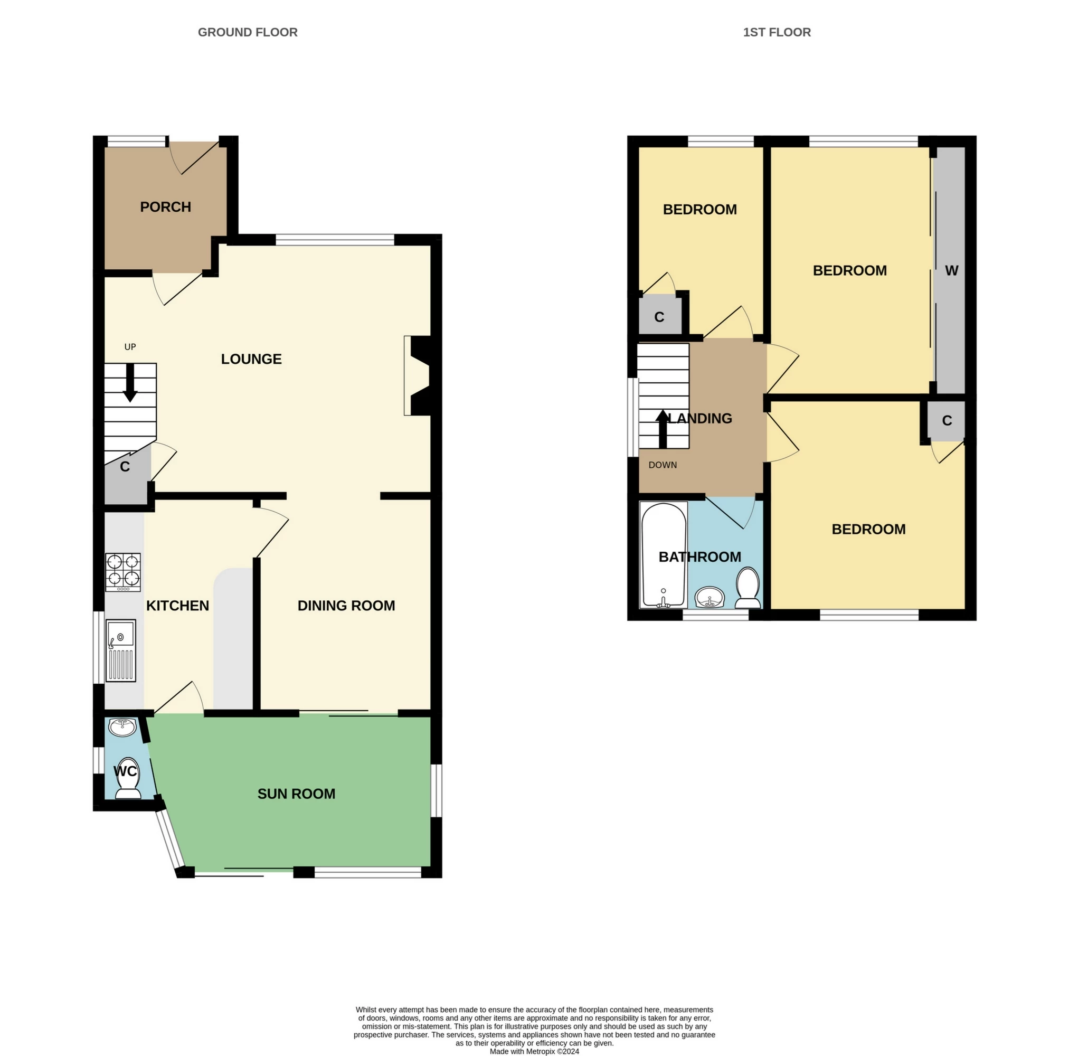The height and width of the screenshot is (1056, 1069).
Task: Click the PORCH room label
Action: pyautogui.click(x=165, y=207)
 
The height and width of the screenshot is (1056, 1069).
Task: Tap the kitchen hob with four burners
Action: pyautogui.click(x=123, y=572)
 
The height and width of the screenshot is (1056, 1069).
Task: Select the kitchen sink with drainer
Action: pyautogui.click(x=120, y=650)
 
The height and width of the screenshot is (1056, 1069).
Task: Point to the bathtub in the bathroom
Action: pyautogui.click(x=663, y=555)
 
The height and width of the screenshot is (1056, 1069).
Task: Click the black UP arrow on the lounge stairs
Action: pyautogui.click(x=130, y=382)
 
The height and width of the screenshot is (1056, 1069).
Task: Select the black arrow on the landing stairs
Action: pyautogui.click(x=663, y=428)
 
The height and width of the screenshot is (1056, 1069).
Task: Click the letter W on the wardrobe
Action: pyautogui.click(x=951, y=271)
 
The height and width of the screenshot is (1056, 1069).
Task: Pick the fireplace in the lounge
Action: pyautogui.click(x=418, y=375)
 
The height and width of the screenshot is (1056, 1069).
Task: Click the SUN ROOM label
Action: pyautogui.click(x=296, y=794)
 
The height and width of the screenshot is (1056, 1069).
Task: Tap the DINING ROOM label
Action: pyautogui.click(x=346, y=606)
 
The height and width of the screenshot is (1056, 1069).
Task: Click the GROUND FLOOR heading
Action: pyautogui.click(x=248, y=33)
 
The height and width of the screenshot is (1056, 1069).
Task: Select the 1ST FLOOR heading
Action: pyautogui.click(x=777, y=33)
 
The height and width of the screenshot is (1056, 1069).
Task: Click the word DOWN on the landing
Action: pyautogui.click(x=663, y=465)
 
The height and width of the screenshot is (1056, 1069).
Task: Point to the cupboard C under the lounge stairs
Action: pyautogui.click(x=126, y=467)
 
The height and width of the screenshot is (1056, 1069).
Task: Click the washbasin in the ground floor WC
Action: pyautogui.click(x=122, y=726)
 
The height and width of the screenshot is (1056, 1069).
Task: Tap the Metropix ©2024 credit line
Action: pyautogui.click(x=534, y=1052)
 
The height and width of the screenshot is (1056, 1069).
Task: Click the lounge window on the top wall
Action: pyautogui.click(x=335, y=240)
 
